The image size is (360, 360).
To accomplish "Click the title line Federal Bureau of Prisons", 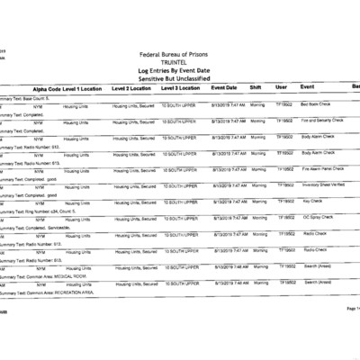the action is click(x=180, y=54).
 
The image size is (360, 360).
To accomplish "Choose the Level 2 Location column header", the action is click(x=132, y=89).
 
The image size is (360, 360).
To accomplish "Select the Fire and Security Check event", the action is click(x=324, y=119).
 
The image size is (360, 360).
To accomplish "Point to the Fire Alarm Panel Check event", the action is click(x=323, y=169).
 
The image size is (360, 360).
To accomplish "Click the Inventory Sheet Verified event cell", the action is click(x=324, y=185).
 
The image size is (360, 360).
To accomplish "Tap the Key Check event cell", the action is click(x=312, y=202).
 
